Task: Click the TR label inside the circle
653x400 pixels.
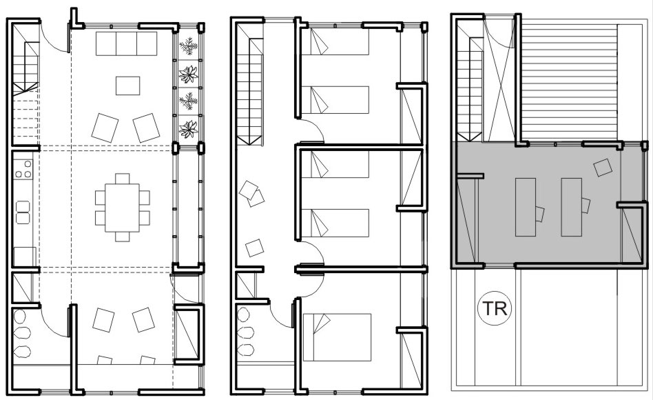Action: tap(495, 308)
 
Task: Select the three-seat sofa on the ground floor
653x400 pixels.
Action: tap(126, 43)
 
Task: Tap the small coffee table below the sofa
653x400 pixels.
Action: tap(128, 86)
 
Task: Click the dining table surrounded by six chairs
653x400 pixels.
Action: tap(122, 208)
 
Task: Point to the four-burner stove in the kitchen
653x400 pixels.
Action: tap(23, 169)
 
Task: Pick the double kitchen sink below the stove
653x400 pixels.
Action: tap(23, 212)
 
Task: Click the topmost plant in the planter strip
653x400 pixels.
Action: tap(188, 46)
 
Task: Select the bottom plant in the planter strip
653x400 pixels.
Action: tap(188, 129)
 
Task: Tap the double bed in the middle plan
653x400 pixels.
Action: tap(337, 337)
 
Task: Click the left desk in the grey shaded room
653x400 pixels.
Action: tap(526, 208)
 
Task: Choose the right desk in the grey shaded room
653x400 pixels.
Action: tap(572, 208)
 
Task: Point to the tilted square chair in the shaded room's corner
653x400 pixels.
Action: tap(603, 168)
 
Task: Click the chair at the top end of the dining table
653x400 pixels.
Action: tap(122, 179)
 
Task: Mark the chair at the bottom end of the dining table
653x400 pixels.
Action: tap(122, 237)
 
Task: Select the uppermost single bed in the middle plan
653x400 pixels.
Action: tap(335, 41)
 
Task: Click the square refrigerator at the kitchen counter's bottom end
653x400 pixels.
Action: tap(25, 257)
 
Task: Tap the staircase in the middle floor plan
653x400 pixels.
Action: tap(249, 92)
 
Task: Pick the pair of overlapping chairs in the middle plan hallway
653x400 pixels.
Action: tap(252, 194)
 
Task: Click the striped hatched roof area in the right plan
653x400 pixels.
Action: tap(569, 82)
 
